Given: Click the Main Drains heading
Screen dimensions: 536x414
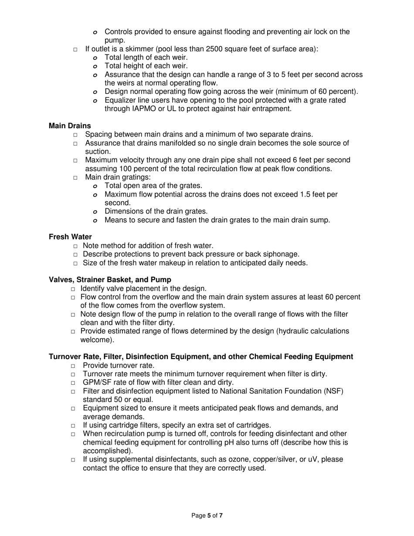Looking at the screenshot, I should [70, 126].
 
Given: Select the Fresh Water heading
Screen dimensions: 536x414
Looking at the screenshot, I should [70, 237].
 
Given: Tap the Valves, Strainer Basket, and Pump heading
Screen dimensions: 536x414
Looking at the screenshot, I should [110, 280].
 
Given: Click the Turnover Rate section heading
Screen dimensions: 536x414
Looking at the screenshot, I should [201, 357].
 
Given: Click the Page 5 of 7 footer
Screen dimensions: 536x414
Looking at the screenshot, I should [207, 516].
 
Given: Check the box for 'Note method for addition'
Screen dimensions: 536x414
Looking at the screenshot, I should [76, 246].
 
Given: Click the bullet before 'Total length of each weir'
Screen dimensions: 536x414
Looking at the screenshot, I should [95, 58].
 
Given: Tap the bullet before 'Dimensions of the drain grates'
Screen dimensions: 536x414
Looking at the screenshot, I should [95, 212].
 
